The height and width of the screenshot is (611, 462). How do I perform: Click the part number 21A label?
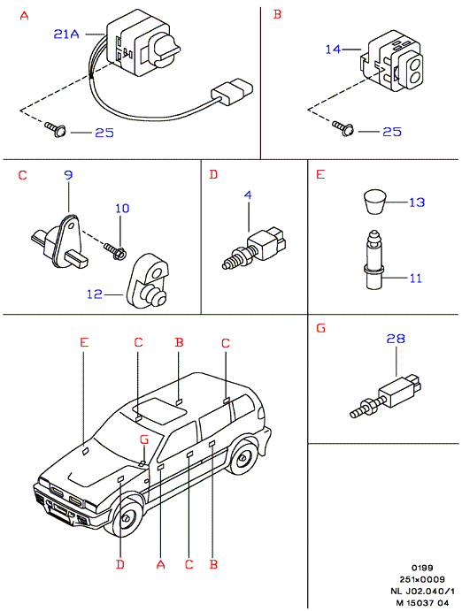tap(66, 34)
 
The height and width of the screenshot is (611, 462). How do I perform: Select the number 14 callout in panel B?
tap(333, 50)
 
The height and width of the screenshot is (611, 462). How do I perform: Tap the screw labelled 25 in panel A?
tap(56, 129)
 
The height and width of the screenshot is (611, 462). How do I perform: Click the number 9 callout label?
tap(68, 175)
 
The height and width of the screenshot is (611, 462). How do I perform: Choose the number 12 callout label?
tap(95, 294)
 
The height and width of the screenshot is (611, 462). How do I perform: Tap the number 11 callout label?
tap(416, 279)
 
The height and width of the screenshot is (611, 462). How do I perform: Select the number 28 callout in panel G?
tap(396, 339)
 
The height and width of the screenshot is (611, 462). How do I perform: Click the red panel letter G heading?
tap(320, 329)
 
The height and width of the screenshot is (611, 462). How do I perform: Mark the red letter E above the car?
tap(84, 342)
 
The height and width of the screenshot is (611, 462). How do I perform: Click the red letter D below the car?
tap(120, 564)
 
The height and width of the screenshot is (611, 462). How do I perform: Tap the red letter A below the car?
tap(160, 564)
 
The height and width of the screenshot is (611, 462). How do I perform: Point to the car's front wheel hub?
tap(127, 519)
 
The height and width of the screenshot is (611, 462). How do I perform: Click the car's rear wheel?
tap(243, 457)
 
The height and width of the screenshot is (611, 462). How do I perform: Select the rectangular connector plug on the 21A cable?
tap(232, 91)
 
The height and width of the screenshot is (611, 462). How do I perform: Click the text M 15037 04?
tap(423, 602)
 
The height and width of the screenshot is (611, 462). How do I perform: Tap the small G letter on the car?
tap(144, 440)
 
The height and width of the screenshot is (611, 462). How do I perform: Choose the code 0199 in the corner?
tap(422, 568)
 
